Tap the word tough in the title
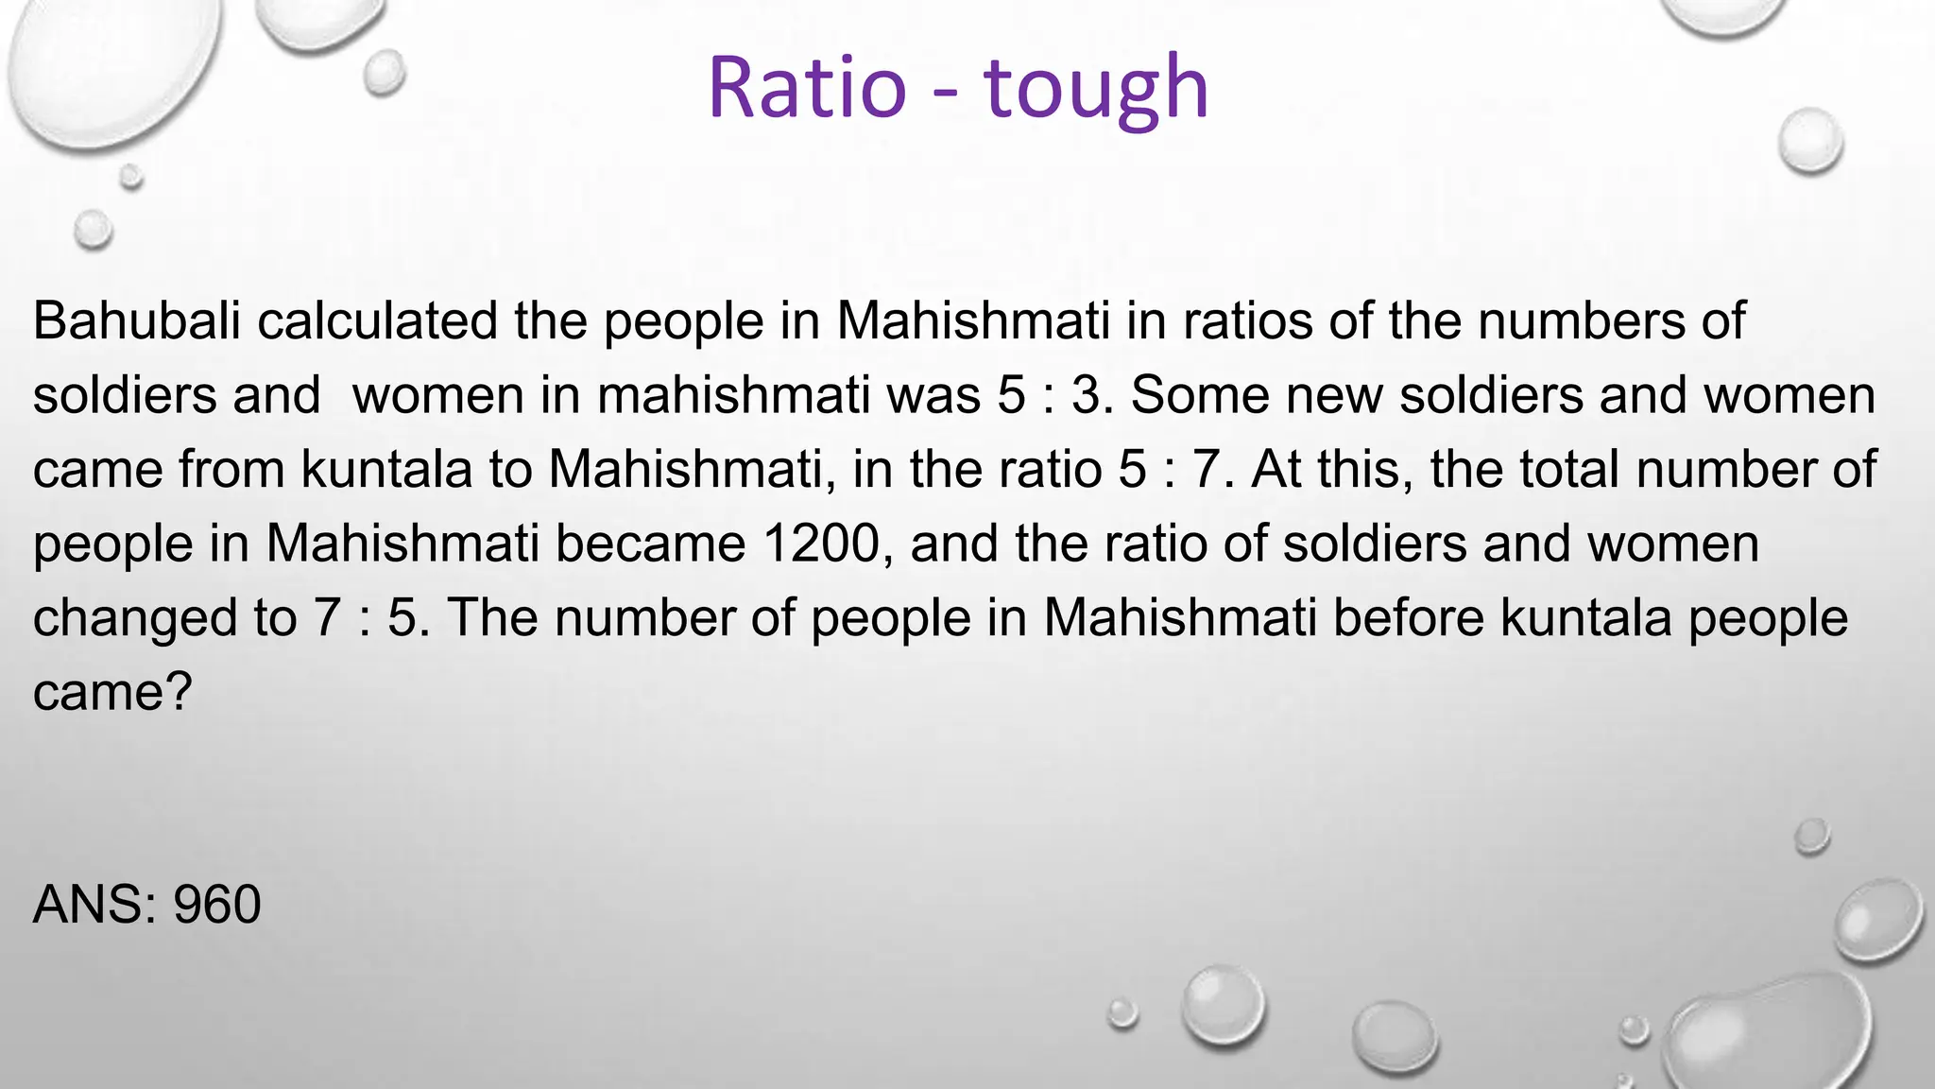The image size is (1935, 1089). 1096,90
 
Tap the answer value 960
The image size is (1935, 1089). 216,905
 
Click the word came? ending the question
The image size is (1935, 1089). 112,693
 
